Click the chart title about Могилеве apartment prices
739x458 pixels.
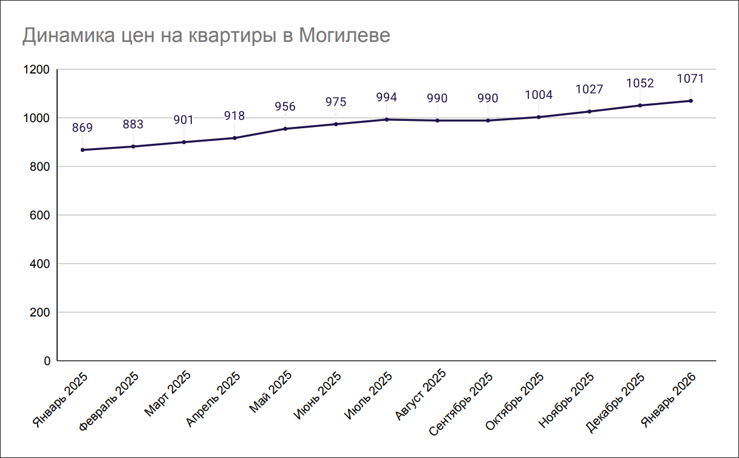[206, 35]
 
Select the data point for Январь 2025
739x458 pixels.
[83, 150]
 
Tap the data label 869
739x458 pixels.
[83, 128]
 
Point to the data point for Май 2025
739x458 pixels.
[285, 129]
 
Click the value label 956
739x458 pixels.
[285, 107]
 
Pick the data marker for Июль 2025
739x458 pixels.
[387, 120]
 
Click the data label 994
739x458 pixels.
[387, 97]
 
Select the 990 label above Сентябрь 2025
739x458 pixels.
[488, 98]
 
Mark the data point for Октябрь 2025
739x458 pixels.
[539, 117]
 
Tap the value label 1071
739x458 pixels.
[690, 79]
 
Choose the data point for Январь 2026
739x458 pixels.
[690, 101]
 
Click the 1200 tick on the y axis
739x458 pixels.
[37, 70]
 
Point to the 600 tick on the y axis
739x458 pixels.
[40, 216]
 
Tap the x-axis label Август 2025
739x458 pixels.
[421, 395]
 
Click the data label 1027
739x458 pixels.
[589, 89]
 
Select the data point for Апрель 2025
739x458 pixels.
[234, 138]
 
